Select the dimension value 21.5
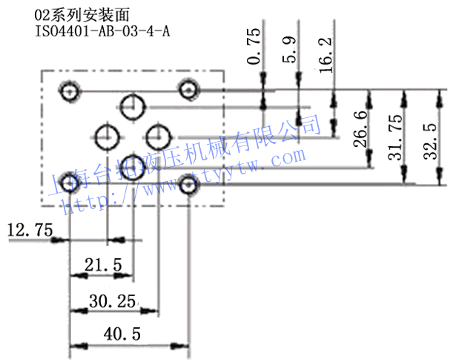103,265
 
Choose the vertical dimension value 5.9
290,49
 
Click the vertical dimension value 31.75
396,137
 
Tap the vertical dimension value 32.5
430,137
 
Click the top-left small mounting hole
70,92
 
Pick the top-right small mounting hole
188,91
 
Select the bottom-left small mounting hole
70,182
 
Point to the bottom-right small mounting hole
187,188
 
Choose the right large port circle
158,137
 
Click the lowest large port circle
133,165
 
